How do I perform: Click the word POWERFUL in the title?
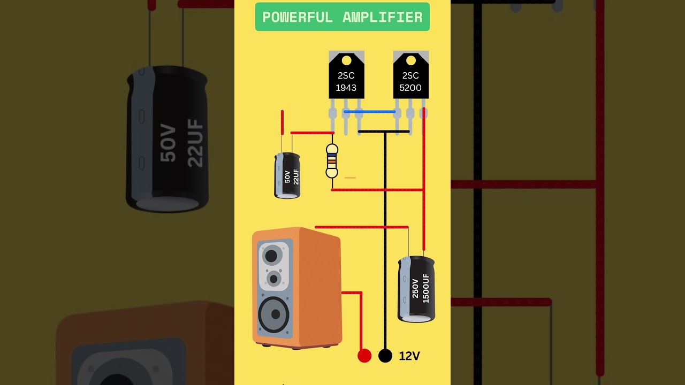297,17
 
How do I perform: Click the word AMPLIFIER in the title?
382,17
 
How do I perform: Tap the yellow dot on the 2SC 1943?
346,60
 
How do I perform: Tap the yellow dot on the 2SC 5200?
410,60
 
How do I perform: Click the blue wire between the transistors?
369,112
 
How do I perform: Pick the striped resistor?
332,160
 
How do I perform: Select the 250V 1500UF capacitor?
416,289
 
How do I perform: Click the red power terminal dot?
364,356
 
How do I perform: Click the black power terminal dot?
385,356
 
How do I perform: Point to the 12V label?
409,356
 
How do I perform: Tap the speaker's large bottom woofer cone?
275,314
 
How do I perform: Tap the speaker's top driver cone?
272,256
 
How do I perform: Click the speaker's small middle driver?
274,279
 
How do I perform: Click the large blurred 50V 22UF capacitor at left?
167,139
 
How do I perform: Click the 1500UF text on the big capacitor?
426,289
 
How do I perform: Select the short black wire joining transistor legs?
383,132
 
